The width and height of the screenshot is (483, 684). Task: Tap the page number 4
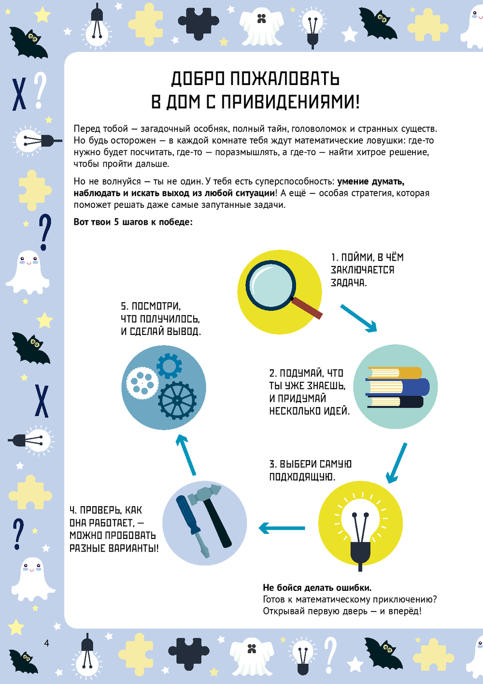point(47,643)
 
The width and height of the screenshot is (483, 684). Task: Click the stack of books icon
point(397,387)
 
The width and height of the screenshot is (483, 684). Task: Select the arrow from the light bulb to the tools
point(282,528)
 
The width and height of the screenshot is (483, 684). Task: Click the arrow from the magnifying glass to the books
point(359,318)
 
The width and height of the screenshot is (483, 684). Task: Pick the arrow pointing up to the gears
point(186,455)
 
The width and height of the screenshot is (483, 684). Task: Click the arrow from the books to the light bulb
point(397,463)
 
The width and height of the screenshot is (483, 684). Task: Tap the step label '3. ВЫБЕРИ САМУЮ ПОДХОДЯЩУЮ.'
point(310,470)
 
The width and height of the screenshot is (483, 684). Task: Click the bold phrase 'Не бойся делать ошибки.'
point(317,587)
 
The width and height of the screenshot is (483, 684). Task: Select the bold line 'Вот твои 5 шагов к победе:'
point(133,222)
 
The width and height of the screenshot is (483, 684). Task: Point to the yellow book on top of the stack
point(395,373)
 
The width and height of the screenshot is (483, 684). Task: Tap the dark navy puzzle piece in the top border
point(199,23)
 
